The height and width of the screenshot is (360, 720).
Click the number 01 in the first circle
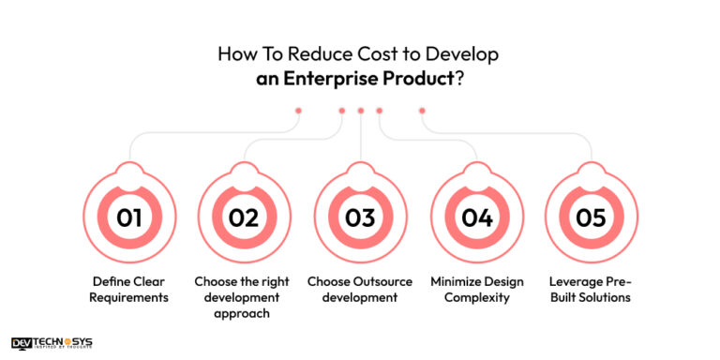click(x=129, y=217)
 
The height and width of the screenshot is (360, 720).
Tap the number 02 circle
click(x=244, y=217)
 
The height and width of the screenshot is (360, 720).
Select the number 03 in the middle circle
click(x=360, y=217)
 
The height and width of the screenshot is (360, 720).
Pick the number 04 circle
click(x=476, y=217)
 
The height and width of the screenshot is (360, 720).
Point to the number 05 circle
click(x=592, y=217)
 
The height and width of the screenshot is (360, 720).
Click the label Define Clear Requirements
click(x=129, y=289)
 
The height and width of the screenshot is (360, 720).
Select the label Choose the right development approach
click(x=244, y=297)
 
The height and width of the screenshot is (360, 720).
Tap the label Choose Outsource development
click(x=360, y=289)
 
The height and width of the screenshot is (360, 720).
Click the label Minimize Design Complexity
click(x=476, y=289)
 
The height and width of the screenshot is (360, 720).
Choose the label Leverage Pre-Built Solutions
click(x=592, y=289)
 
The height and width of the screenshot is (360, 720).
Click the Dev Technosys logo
click(x=52, y=344)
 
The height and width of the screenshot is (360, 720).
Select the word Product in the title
click(x=416, y=79)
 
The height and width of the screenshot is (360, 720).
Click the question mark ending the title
click(x=459, y=79)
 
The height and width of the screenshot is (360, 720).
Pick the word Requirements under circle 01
click(x=129, y=297)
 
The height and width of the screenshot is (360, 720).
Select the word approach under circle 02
click(x=244, y=314)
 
